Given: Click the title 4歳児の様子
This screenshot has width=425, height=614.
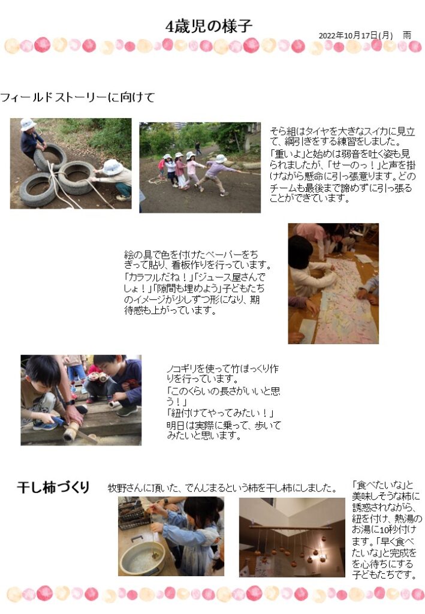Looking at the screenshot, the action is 209,26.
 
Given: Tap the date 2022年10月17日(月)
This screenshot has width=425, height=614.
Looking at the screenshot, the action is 355,35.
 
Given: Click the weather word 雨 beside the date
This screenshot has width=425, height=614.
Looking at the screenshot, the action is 407,35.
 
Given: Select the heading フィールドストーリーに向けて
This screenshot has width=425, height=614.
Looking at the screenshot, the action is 77,97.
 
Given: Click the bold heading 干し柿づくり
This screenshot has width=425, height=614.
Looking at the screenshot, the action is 53,487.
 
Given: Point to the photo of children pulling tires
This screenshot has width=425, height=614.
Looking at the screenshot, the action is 71,163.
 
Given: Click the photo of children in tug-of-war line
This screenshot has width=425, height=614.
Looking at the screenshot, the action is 200,168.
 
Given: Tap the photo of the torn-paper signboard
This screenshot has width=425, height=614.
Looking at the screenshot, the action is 333,284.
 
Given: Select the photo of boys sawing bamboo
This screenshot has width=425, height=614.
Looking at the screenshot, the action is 81,400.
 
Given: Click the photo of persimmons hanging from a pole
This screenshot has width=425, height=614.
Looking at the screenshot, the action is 292,537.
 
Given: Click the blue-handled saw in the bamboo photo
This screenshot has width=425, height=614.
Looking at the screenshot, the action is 58,421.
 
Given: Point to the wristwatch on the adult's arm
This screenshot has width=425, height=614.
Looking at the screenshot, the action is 70,402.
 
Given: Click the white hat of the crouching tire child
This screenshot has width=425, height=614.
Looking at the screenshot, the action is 112,167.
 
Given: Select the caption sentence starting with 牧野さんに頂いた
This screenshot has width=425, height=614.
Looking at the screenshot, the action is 222,488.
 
